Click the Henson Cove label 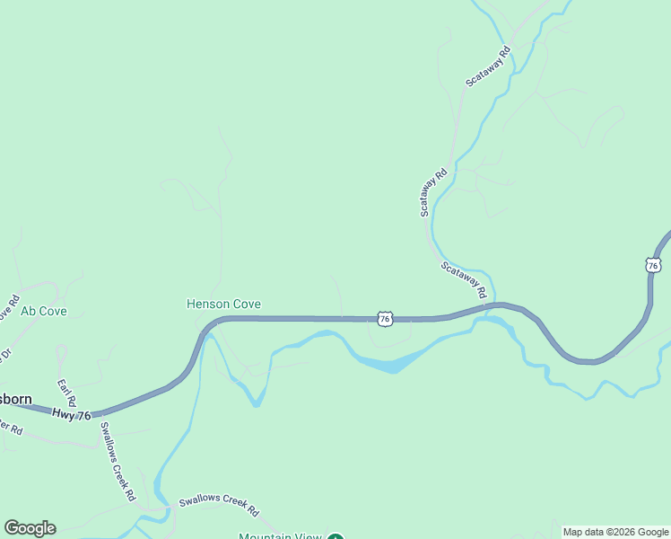coord(223,305)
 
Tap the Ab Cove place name coord(44,312)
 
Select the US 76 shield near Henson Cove coord(384,319)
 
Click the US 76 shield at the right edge coord(653,265)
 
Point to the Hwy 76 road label coord(72,413)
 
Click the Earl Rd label coord(66,393)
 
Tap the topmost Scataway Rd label coord(488,66)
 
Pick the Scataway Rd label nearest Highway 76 coord(464,279)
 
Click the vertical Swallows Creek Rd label coord(118,461)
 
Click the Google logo coord(30,528)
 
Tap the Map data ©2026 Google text coord(615,532)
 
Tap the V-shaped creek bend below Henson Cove coord(256,402)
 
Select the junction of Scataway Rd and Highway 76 coord(485,305)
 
